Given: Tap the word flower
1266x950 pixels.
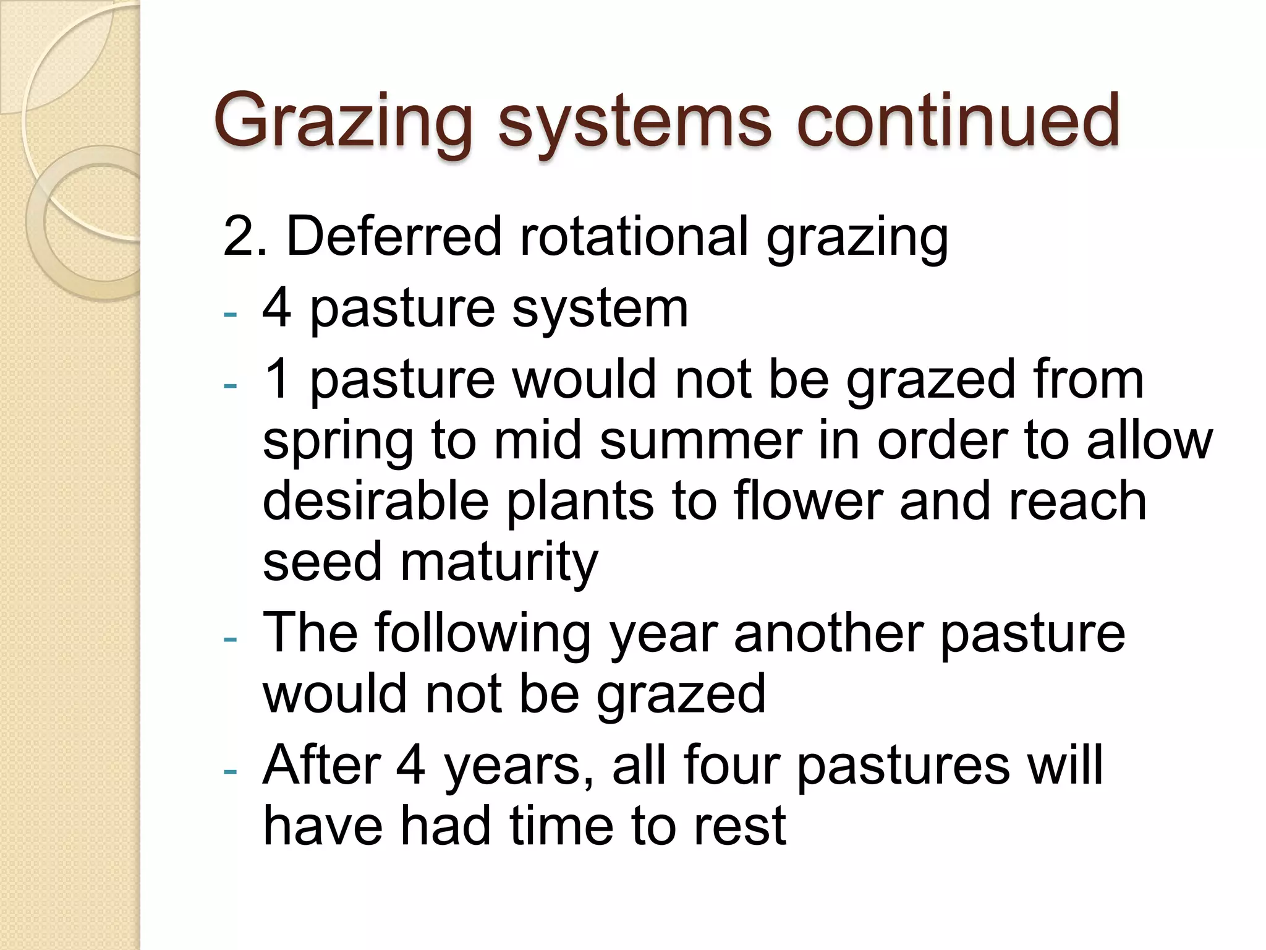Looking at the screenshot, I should point(808,501).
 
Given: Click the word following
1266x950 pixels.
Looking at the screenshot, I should point(482,634).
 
